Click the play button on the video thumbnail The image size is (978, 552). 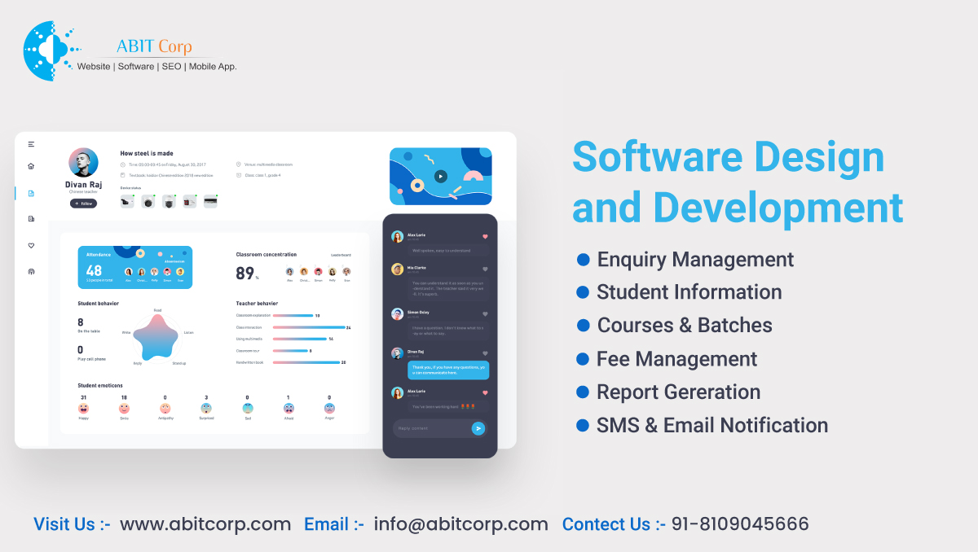tap(441, 176)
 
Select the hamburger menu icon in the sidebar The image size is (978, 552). tap(31, 144)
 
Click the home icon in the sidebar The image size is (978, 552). tap(31, 166)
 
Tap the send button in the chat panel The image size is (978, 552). tap(478, 428)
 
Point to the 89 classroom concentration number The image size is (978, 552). tap(244, 274)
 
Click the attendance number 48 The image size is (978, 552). tap(94, 271)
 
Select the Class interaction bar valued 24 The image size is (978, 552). tap(311, 327)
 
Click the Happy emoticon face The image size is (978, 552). tap(83, 408)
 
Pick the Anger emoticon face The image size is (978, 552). tap(329, 408)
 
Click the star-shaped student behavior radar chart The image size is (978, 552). tap(156, 336)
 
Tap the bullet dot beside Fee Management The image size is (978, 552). tap(583, 359)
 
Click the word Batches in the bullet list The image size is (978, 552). tap(735, 326)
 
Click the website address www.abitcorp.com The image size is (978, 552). tap(205, 524)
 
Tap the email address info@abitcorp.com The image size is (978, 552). tap(460, 524)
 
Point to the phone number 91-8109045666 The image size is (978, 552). tap(740, 524)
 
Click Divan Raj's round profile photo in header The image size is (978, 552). tap(83, 162)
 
